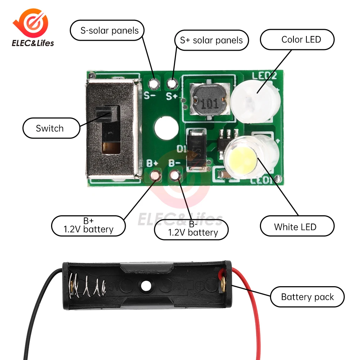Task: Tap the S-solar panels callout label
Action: (x=107, y=30)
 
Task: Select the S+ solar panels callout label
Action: (x=211, y=40)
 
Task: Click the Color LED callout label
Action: (x=297, y=39)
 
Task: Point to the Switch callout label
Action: (x=51, y=128)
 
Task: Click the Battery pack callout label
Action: (x=307, y=297)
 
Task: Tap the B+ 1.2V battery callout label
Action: (x=89, y=226)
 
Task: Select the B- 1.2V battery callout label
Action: (x=191, y=229)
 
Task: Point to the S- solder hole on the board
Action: (x=155, y=84)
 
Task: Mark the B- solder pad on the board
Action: (x=175, y=176)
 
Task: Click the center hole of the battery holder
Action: (x=146, y=286)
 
